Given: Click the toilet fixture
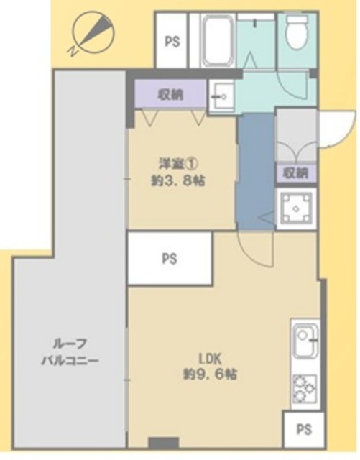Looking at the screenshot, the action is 297,32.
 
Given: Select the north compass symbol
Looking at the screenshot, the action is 93,33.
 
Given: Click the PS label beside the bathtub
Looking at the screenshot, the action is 172,42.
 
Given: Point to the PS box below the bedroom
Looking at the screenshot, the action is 170,259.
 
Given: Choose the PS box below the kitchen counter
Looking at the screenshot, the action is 304,430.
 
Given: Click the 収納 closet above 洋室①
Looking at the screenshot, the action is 170,94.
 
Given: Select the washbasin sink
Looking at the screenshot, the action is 221,96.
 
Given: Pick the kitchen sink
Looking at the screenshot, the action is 305,341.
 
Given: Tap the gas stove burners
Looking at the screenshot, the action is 304,388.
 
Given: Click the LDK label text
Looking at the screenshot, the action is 210,359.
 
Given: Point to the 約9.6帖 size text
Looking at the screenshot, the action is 210,374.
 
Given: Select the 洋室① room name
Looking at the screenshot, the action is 178,164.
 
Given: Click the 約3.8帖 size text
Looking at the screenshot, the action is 178,180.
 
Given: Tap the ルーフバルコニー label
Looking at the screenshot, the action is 70,352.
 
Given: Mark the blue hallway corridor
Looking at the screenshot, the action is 256,172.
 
